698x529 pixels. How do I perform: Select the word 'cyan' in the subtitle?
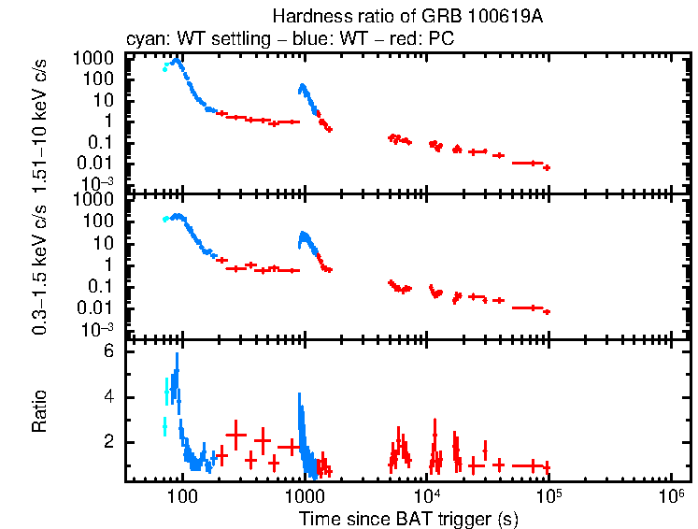point(143,40)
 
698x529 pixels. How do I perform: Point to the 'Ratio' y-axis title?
point(40,409)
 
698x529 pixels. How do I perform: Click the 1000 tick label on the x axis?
point(304,495)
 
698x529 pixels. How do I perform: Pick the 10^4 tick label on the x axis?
point(427,495)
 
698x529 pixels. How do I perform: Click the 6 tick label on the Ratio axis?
point(108,352)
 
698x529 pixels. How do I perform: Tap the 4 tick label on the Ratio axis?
point(108,397)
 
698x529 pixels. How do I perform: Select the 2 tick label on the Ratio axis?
point(108,441)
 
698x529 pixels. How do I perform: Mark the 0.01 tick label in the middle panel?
point(101,308)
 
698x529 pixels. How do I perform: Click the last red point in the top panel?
point(547,167)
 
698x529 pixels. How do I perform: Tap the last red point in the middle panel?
point(547,311)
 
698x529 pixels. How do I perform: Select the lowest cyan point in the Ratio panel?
point(164,426)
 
